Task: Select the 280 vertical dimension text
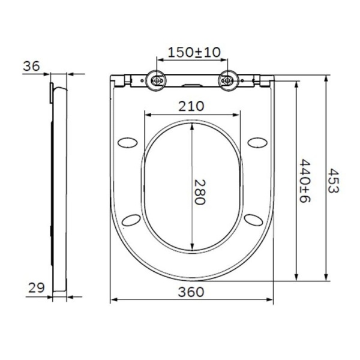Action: (200, 191)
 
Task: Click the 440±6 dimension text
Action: (305, 181)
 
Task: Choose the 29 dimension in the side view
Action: (36, 288)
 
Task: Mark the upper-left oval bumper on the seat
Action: (128, 142)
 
